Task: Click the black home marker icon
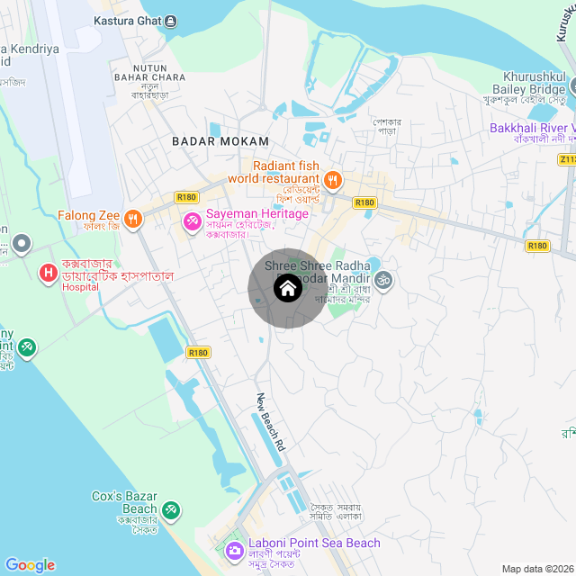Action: (x=287, y=288)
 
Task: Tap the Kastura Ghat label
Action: (x=127, y=21)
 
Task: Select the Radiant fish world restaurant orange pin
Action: (x=332, y=180)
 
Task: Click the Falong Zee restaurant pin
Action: (x=133, y=217)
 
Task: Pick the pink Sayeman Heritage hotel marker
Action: (x=193, y=220)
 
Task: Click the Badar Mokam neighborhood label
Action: (x=220, y=141)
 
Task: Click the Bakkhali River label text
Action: (x=531, y=129)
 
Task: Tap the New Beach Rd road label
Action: (x=270, y=422)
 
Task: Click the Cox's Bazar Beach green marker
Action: (x=171, y=510)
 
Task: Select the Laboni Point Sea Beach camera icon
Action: (x=234, y=549)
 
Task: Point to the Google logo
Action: (x=30, y=565)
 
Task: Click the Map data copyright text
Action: (x=537, y=569)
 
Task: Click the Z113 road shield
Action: (x=566, y=159)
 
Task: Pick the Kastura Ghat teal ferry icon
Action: (x=172, y=21)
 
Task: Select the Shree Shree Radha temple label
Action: (x=310, y=265)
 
